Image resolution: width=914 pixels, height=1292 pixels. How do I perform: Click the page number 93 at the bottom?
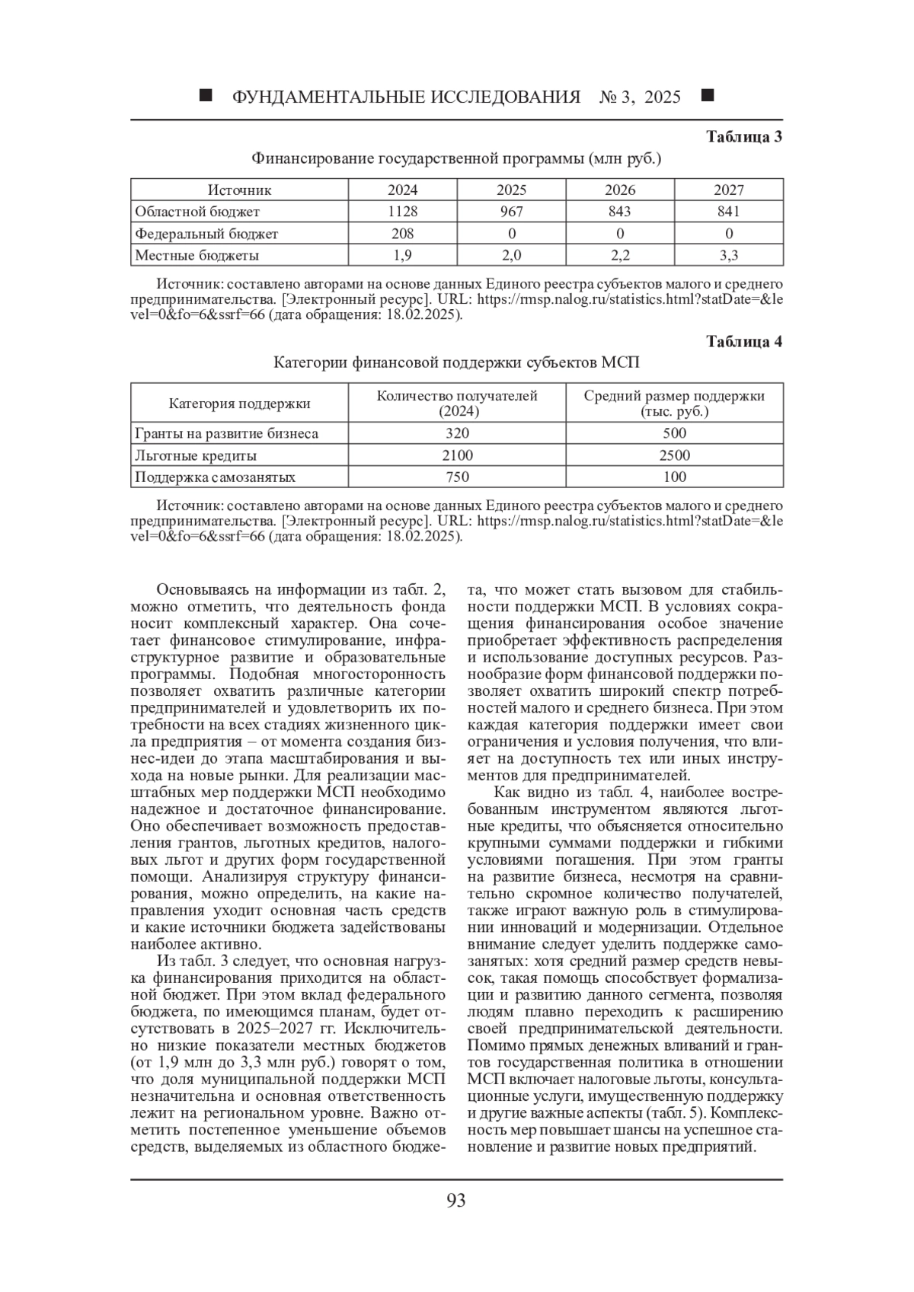(x=455, y=1201)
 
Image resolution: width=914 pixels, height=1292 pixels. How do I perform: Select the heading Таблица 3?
(x=744, y=137)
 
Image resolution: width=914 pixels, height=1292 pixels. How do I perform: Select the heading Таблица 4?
(x=744, y=341)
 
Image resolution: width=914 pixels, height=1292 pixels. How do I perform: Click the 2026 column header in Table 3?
(x=620, y=190)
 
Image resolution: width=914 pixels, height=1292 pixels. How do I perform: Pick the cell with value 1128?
(x=402, y=211)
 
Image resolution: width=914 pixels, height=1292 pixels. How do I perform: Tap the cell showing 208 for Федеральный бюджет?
(x=402, y=233)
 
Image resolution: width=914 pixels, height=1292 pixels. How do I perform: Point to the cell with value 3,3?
(x=728, y=255)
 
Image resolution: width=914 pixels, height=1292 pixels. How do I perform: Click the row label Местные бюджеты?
(x=197, y=255)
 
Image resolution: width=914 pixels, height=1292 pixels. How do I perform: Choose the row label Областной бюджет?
(x=197, y=211)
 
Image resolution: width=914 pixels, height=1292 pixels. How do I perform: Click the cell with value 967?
(x=511, y=211)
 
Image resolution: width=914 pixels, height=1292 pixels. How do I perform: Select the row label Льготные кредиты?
(x=196, y=455)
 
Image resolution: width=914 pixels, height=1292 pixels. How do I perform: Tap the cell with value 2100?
(x=457, y=455)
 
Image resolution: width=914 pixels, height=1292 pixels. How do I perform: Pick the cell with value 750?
(x=457, y=477)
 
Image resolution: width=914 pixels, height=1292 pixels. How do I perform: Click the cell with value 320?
(x=457, y=433)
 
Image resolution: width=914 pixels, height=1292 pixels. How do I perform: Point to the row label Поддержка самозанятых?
(x=215, y=477)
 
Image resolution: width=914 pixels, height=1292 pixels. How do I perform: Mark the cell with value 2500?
(x=674, y=455)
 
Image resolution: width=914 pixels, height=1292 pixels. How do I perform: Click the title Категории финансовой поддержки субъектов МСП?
(x=456, y=362)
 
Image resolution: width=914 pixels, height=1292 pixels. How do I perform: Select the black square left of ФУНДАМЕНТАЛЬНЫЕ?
(x=205, y=96)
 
